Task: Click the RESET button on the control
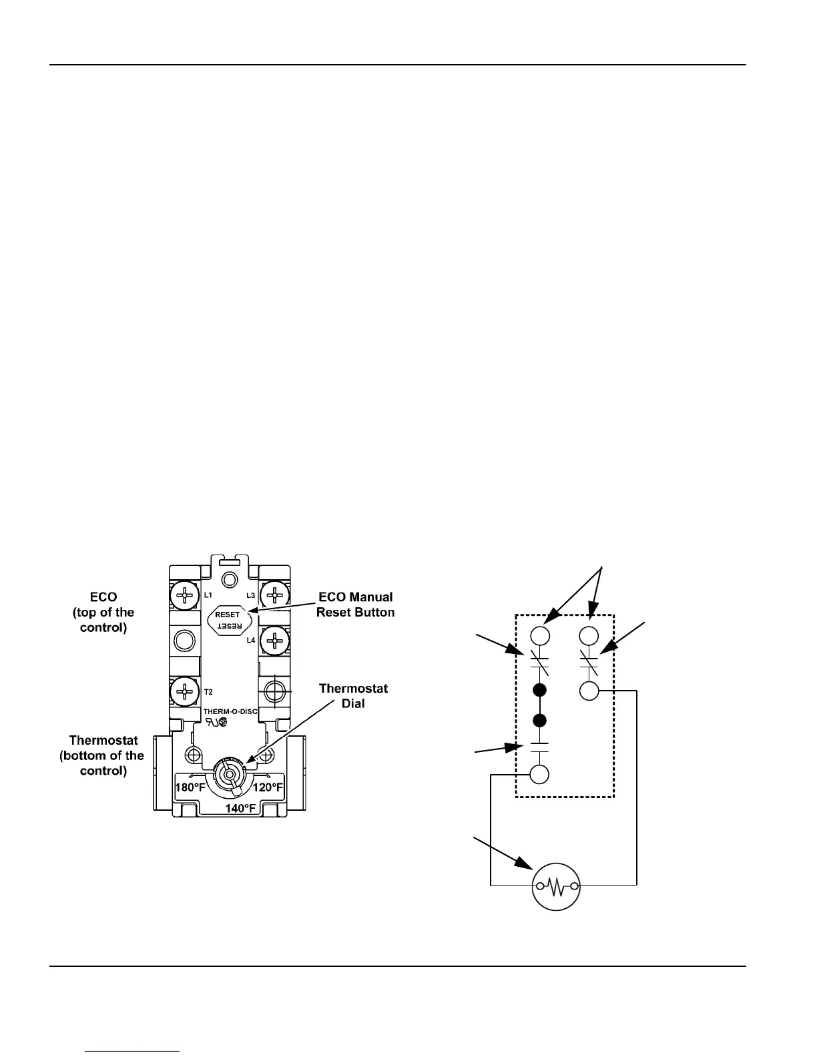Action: click(228, 620)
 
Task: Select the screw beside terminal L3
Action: click(274, 594)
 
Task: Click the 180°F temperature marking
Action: click(190, 787)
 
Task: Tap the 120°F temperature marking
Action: click(268, 787)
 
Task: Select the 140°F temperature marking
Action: click(240, 808)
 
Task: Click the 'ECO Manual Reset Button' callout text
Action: click(355, 605)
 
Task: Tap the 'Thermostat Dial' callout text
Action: click(353, 695)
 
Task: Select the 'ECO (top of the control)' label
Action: click(103, 612)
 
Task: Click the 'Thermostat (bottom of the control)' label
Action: click(103, 755)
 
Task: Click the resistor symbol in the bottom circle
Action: click(556, 886)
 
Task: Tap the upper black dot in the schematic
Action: click(541, 691)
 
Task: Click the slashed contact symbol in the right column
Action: click(589, 663)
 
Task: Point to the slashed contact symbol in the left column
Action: click(540, 663)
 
